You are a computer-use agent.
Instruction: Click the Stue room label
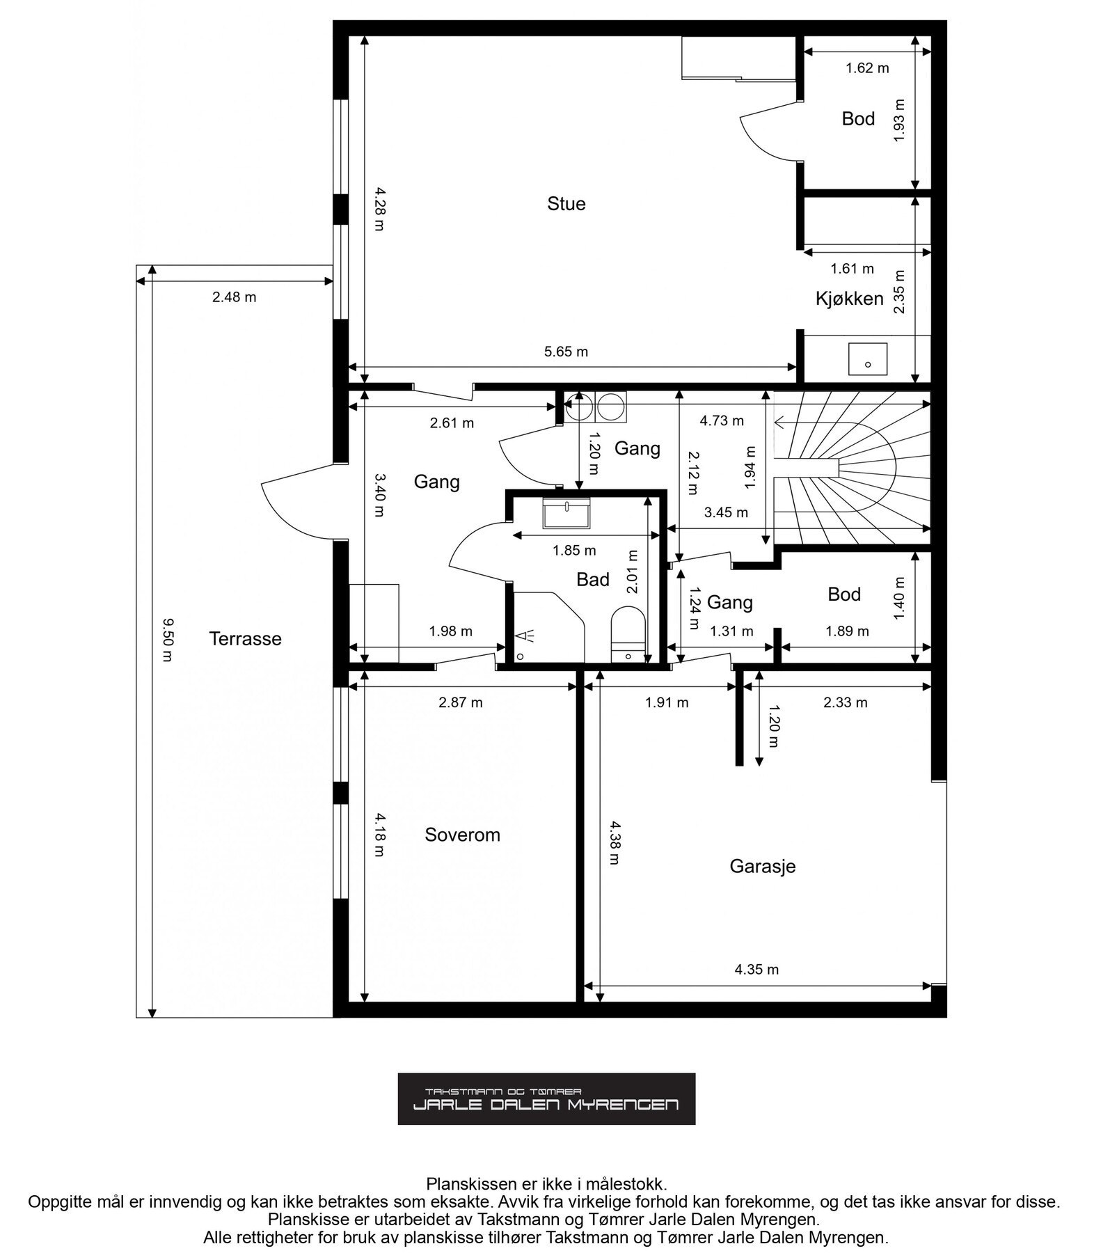[566, 204]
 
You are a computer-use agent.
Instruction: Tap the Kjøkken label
[849, 299]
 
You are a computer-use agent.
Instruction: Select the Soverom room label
[462, 835]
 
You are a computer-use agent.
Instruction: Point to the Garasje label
[762, 867]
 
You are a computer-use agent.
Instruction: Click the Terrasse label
[245, 639]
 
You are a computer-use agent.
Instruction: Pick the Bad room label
[593, 580]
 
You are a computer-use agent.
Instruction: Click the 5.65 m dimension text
[566, 352]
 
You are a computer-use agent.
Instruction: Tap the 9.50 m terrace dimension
[166, 640]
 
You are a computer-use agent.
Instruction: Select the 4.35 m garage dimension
[756, 969]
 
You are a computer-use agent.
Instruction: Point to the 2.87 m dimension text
[460, 702]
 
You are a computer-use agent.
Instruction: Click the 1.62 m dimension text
[867, 68]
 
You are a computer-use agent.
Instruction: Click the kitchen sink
[868, 358]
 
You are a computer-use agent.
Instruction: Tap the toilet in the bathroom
[628, 633]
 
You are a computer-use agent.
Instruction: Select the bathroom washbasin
[566, 513]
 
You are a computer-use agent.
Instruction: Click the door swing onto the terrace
[297, 502]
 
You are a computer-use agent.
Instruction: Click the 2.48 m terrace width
[234, 297]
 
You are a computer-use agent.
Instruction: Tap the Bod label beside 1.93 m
[858, 119]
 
